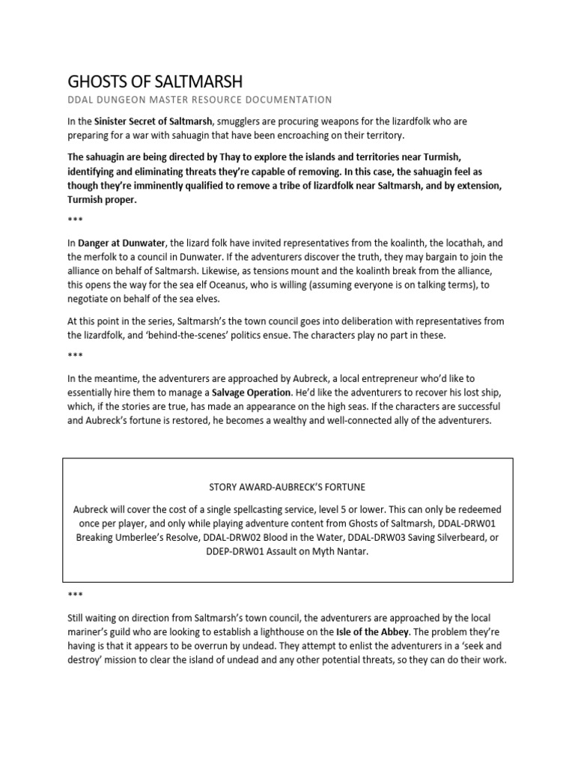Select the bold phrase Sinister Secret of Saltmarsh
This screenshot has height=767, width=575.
coord(154,121)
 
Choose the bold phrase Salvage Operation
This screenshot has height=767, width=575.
coord(252,392)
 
